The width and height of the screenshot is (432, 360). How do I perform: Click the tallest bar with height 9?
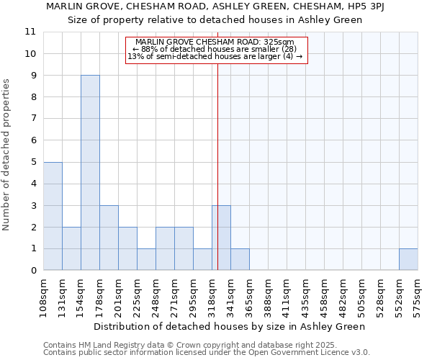click(x=90, y=173)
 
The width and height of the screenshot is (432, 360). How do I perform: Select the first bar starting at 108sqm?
click(x=53, y=216)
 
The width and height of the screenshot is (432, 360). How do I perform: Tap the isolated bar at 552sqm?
click(x=408, y=259)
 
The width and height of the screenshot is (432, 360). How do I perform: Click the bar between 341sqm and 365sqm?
click(x=240, y=259)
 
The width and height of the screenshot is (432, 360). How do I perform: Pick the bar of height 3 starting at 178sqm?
click(x=109, y=238)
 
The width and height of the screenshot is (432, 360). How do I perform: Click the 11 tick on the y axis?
click(x=30, y=32)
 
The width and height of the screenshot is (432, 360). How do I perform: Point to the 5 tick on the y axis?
click(x=32, y=162)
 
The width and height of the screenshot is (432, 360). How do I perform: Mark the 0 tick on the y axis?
click(x=32, y=271)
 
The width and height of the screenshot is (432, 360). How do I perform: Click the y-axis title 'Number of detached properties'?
click(x=7, y=155)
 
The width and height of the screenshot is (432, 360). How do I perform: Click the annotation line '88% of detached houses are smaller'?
click(x=215, y=49)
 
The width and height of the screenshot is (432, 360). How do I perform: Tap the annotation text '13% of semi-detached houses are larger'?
click(x=215, y=56)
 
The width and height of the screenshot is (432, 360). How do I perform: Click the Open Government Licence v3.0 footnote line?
click(x=207, y=353)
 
